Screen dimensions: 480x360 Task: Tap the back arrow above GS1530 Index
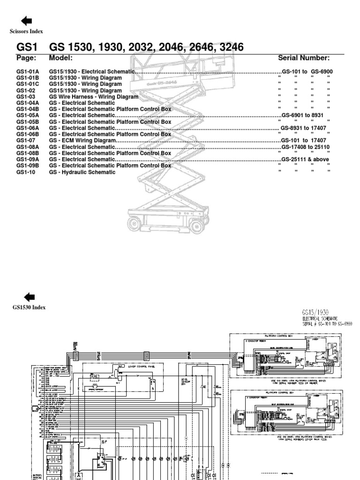click(29, 296)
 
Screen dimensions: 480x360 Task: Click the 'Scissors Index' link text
click(26, 31)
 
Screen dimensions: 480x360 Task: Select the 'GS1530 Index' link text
click(29, 307)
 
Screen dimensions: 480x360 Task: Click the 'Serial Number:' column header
click(304, 58)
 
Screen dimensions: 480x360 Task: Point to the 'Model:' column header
click(60, 58)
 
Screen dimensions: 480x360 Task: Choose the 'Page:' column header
click(26, 58)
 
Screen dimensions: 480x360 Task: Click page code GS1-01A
click(28, 71)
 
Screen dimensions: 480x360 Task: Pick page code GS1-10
click(25, 172)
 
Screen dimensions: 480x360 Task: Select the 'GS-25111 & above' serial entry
click(305, 159)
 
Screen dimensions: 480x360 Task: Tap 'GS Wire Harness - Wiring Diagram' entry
click(94, 97)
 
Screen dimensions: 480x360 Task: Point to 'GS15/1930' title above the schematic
click(317, 312)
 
